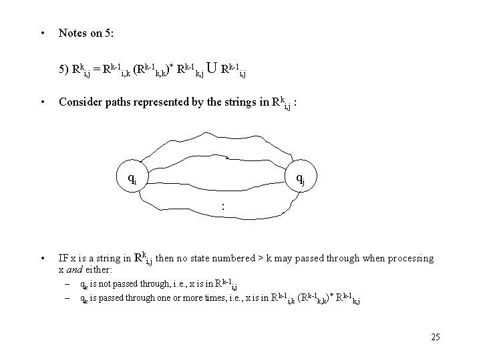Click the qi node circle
click(x=134, y=177)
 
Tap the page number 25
click(x=436, y=337)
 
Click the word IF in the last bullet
click(x=64, y=258)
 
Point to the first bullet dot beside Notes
click(x=43, y=32)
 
